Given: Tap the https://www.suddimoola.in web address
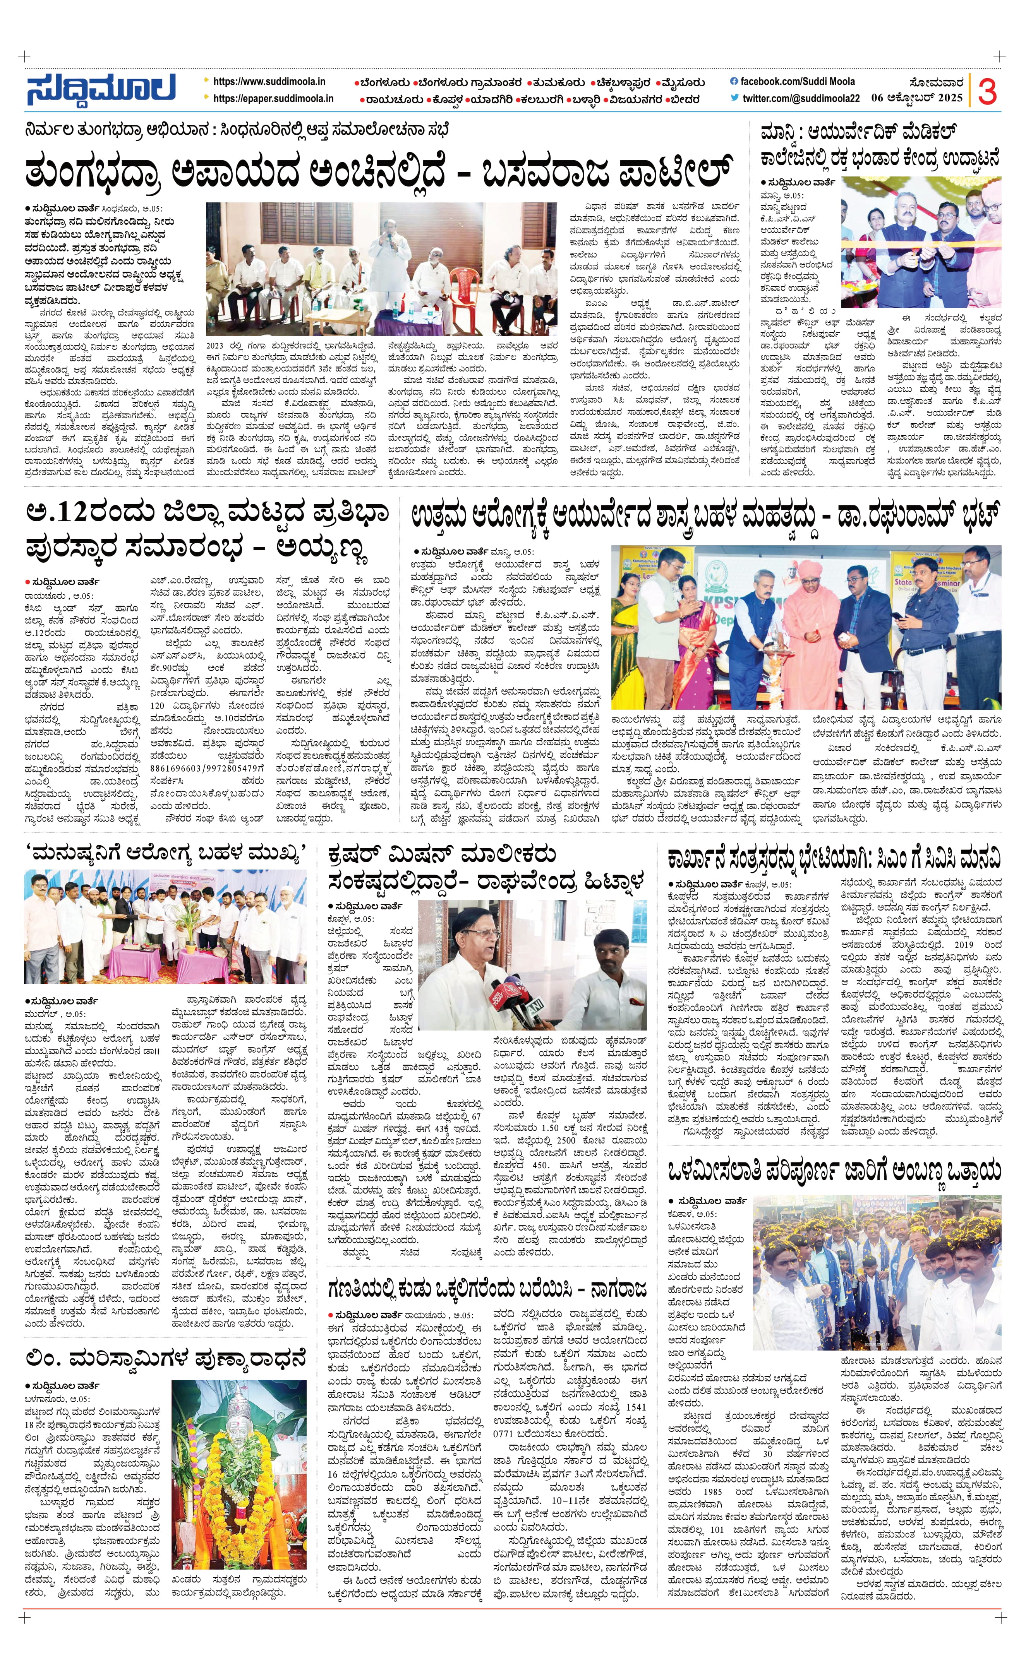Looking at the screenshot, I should pos(269,82).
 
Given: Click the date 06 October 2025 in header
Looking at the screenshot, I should pos(916,98).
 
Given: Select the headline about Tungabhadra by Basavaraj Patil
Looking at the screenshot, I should pos(381,172).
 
